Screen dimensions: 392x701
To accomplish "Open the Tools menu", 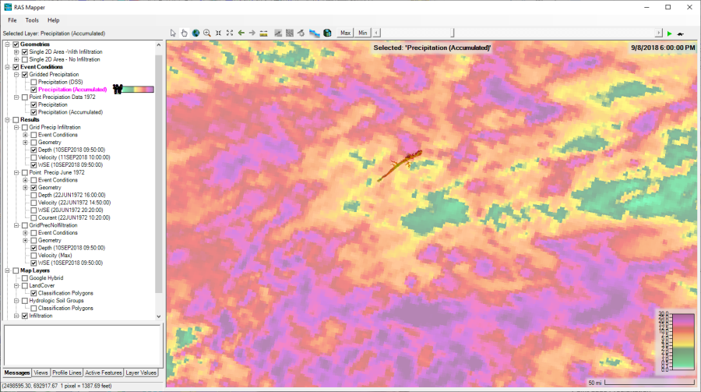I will [32, 19].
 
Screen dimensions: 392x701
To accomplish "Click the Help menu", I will [53, 19].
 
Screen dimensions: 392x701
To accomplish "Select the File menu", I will [12, 19].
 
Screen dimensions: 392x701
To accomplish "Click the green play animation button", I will [669, 33].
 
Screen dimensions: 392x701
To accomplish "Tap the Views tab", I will [41, 373].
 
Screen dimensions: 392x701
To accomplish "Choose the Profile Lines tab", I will [66, 373].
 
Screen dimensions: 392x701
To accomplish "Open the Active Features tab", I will [103, 373].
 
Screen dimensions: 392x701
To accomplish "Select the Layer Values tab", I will [142, 373].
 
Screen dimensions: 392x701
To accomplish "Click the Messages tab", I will [16, 373].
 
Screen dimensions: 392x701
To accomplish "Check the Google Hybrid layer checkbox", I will [24, 278].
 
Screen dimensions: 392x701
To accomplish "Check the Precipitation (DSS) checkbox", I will [33, 82].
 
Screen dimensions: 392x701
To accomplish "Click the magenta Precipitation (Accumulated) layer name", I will [72, 90].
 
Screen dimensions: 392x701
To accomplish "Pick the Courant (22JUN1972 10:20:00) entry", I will [72, 217].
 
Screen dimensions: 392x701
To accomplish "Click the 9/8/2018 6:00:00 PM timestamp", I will [663, 48].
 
